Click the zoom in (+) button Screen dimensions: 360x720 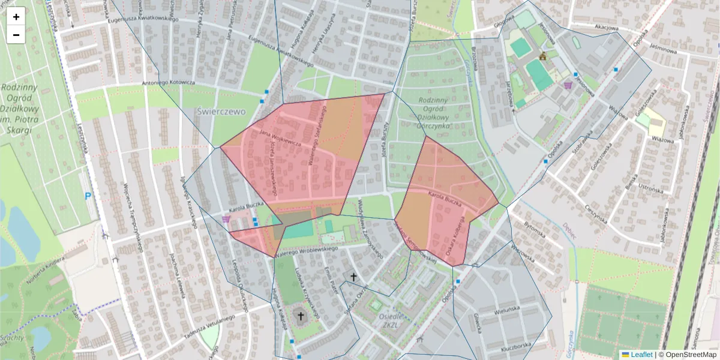[x=16, y=17]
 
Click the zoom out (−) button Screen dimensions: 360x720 [x=16, y=35]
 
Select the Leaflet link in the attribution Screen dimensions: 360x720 [x=641, y=355]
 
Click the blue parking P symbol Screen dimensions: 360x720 [x=89, y=196]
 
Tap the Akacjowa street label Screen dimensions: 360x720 [x=606, y=28]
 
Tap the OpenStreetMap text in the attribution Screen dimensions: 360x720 [x=689, y=355]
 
